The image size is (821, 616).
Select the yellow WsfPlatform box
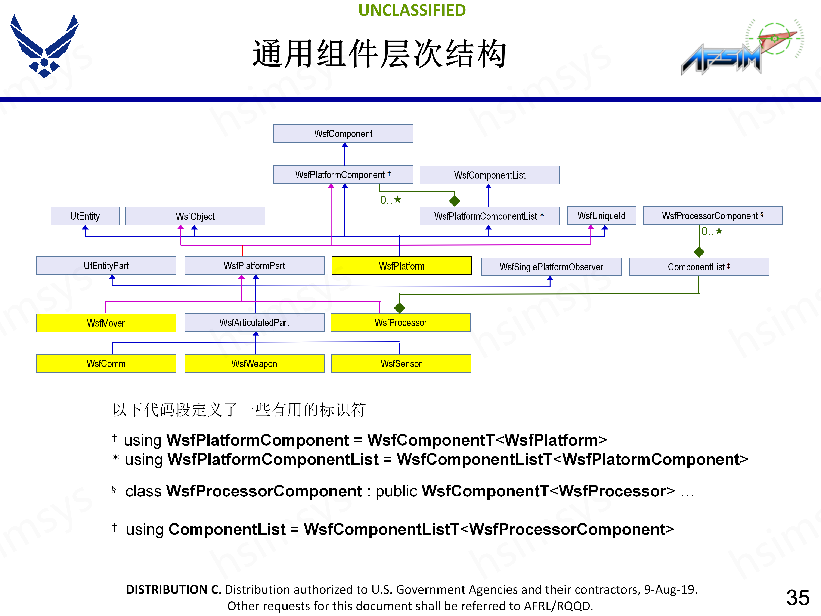click(401, 266)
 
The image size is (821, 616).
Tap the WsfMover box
click(106, 323)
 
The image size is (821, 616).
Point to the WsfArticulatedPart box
click(254, 322)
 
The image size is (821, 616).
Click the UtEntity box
click(85, 216)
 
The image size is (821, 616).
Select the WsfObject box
click(195, 216)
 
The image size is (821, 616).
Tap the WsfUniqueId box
click(601, 216)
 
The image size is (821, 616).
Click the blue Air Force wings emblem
click(44, 46)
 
